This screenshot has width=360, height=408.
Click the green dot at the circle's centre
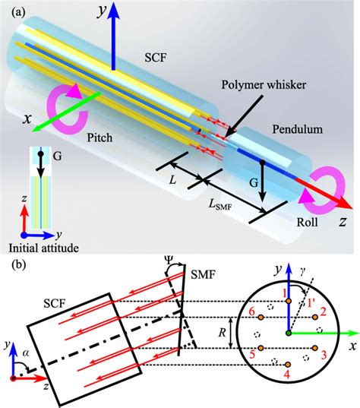click(289, 332)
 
